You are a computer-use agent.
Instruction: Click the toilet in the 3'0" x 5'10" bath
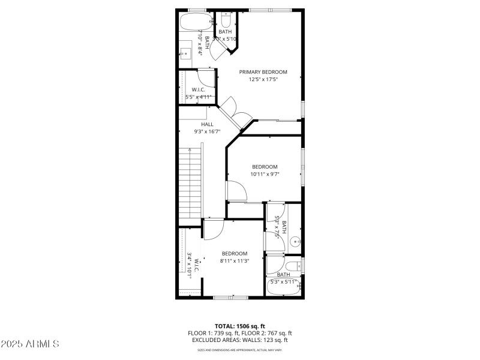(226, 20)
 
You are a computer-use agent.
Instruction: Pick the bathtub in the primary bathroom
(196, 22)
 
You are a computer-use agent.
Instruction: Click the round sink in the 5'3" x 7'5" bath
(295, 242)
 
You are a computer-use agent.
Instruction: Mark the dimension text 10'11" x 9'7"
(265, 174)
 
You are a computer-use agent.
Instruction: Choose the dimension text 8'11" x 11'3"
(234, 260)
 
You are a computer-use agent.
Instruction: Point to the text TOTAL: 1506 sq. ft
(240, 326)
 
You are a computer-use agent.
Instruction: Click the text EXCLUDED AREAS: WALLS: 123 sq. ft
(240, 340)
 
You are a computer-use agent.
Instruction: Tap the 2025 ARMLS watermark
(30, 344)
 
